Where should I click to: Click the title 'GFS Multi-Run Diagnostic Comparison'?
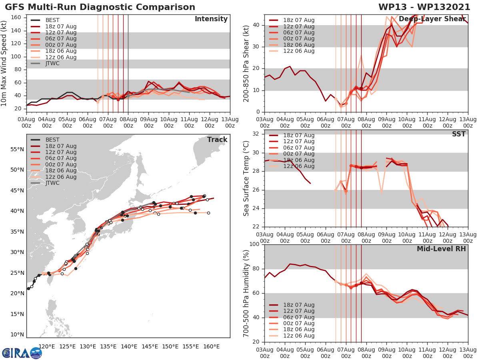pos(100,7)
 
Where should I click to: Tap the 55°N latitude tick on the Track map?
pos(17,149)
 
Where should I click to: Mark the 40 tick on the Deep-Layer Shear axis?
pos(255,25)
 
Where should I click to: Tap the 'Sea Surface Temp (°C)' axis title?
pos(246,178)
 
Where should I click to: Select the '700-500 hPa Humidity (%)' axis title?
pos(246,293)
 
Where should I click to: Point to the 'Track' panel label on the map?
pos(217,140)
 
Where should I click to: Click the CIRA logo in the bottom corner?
pos(22,353)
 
